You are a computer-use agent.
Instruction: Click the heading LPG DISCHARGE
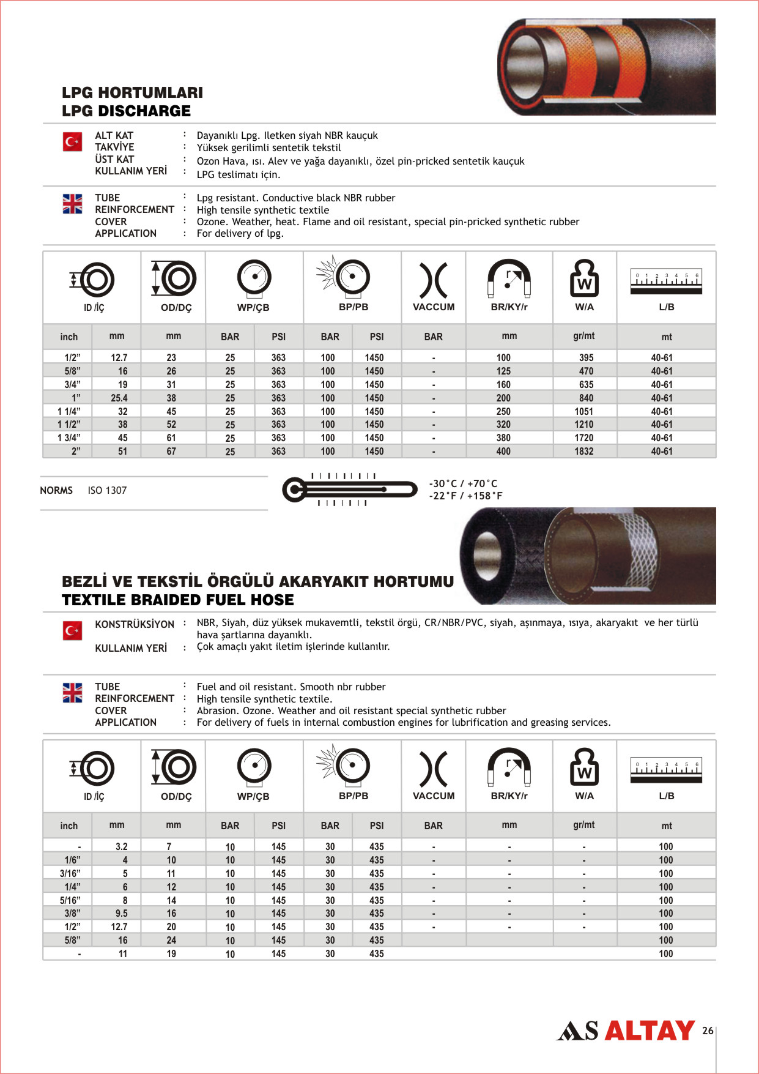pos(126,111)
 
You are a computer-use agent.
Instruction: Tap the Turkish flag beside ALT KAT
pos(72,142)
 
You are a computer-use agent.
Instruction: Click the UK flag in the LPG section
pos(72,204)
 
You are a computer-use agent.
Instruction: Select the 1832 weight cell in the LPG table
pos(583,451)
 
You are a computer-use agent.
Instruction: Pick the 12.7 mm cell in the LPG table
pos(119,357)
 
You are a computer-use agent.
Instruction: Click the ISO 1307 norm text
pos(107,490)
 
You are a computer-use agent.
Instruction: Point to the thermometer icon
pos(349,490)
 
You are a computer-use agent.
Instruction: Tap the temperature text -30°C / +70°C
pos(463,483)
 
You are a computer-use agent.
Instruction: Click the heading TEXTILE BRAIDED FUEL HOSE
pos(178,600)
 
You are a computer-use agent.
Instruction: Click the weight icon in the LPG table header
pos(584,278)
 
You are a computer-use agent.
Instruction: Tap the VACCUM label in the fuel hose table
pos(434,796)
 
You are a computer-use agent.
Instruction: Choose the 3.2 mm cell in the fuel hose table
pos(122,846)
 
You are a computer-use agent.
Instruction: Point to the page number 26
pos(708,1031)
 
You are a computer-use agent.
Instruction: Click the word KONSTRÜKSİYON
pos(135,624)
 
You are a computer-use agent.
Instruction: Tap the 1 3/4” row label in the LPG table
pos(68,438)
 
